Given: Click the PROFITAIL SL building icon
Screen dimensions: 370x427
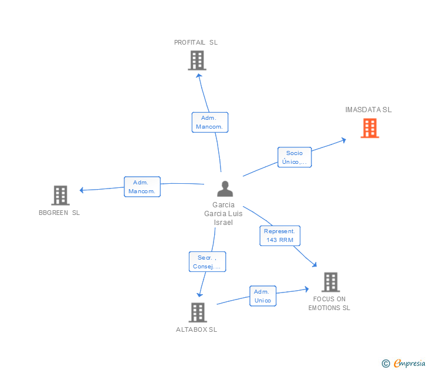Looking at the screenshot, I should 197,60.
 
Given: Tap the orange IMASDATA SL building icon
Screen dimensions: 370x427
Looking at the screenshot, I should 370,128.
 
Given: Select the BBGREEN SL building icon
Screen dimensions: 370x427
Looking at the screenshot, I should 60,195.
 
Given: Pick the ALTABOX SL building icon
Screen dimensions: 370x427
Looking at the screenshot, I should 198,312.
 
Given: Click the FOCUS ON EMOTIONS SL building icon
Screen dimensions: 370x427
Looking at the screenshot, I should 330,282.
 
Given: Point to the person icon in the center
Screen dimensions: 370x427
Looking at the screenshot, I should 225,189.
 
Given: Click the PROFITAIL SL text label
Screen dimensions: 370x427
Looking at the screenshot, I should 196,42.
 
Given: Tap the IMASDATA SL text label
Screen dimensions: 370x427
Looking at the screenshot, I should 368,110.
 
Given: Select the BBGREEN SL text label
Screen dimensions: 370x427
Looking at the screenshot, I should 59,213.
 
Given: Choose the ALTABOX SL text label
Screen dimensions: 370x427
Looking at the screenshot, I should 196,329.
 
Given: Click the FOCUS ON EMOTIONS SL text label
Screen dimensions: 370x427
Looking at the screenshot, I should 329,304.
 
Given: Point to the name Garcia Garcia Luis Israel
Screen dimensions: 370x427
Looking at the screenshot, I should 223,214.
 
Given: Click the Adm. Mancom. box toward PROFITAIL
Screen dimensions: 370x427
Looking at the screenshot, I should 210,122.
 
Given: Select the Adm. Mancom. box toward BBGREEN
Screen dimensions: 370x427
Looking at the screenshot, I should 142,187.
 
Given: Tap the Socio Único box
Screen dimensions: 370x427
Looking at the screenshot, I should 294,157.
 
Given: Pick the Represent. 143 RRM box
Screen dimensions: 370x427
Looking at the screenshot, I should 280,236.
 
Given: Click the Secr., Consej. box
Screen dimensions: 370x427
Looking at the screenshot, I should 207,262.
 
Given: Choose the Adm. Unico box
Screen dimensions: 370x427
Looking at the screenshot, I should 263,296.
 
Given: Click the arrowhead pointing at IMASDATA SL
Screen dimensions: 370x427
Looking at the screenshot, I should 344,139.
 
